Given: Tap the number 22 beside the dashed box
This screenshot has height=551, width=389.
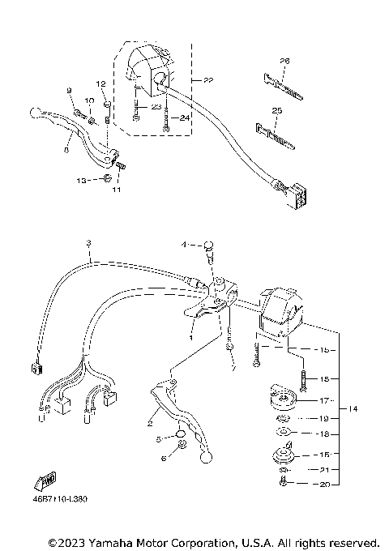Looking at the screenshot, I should pos(208,80).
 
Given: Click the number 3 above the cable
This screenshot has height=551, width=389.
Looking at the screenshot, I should pos(88,243).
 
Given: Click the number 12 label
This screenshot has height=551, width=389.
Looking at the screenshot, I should pos(101,84).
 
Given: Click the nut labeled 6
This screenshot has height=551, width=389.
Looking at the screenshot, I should pos(180,446).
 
